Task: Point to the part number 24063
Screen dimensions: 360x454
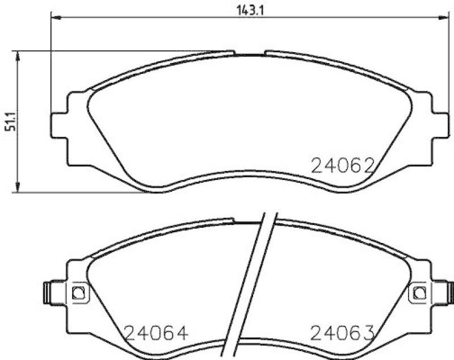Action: [x=342, y=333]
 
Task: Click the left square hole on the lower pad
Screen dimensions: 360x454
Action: [x=78, y=292]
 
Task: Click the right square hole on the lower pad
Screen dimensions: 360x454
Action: [x=419, y=292]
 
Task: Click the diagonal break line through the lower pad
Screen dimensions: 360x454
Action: [x=253, y=284]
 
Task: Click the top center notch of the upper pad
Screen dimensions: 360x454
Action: [x=250, y=53]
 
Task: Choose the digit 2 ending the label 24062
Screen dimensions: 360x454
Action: [x=367, y=166]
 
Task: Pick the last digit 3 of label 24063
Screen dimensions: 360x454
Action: [x=367, y=333]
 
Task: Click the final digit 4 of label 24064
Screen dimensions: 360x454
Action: [x=180, y=333]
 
